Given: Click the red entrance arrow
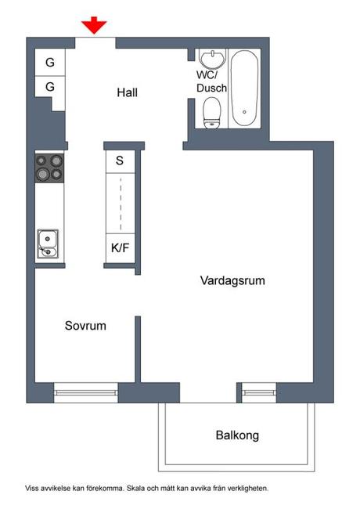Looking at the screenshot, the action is (94, 25).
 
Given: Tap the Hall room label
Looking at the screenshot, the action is (127, 92).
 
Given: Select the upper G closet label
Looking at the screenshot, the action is (50, 63).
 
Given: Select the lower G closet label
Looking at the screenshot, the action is (50, 87).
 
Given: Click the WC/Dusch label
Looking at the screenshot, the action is (211, 81).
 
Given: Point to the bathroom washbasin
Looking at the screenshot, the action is (212, 59).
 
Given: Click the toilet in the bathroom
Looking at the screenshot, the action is (212, 114).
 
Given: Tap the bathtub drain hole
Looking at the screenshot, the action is (244, 112).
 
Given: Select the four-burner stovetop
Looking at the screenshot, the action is (49, 168).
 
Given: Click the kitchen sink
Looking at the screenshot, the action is (48, 244).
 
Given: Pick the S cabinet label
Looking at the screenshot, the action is (120, 161).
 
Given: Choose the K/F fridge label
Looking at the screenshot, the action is (120, 248).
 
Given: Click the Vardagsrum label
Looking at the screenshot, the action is (232, 280).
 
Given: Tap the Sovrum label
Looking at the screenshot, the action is (85, 326).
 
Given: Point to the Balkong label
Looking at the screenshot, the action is (237, 435).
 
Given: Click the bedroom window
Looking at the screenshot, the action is (86, 393).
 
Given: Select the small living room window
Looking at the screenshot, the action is (259, 393).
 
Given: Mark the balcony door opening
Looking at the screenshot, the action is (208, 393).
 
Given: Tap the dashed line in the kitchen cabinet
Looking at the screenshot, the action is (121, 204).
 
